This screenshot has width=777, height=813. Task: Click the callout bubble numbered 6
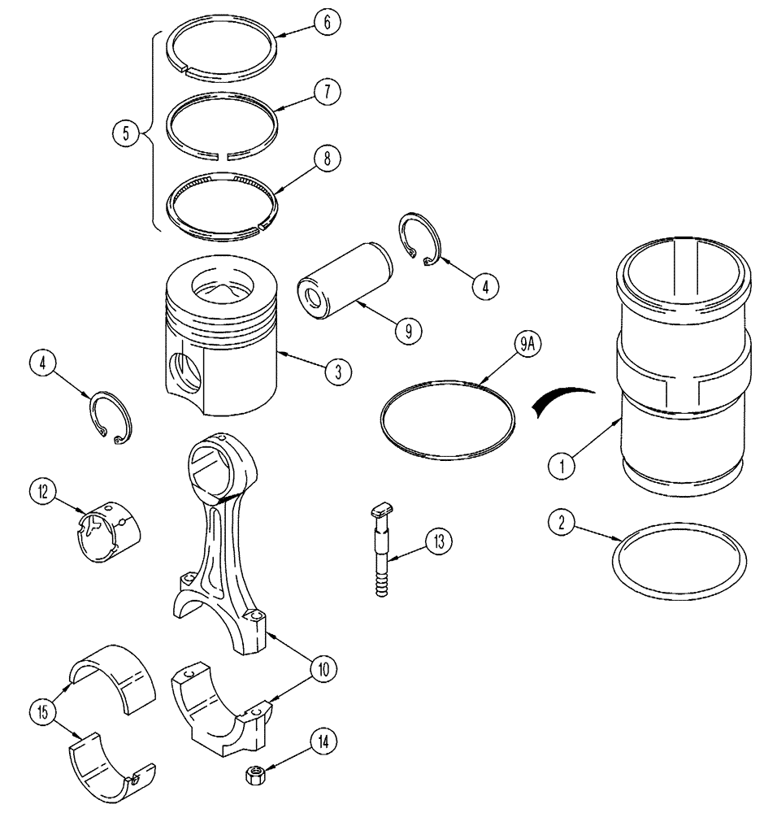tap(325, 24)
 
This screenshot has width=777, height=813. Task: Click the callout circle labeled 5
tap(124, 133)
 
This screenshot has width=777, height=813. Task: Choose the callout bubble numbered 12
tap(43, 491)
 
